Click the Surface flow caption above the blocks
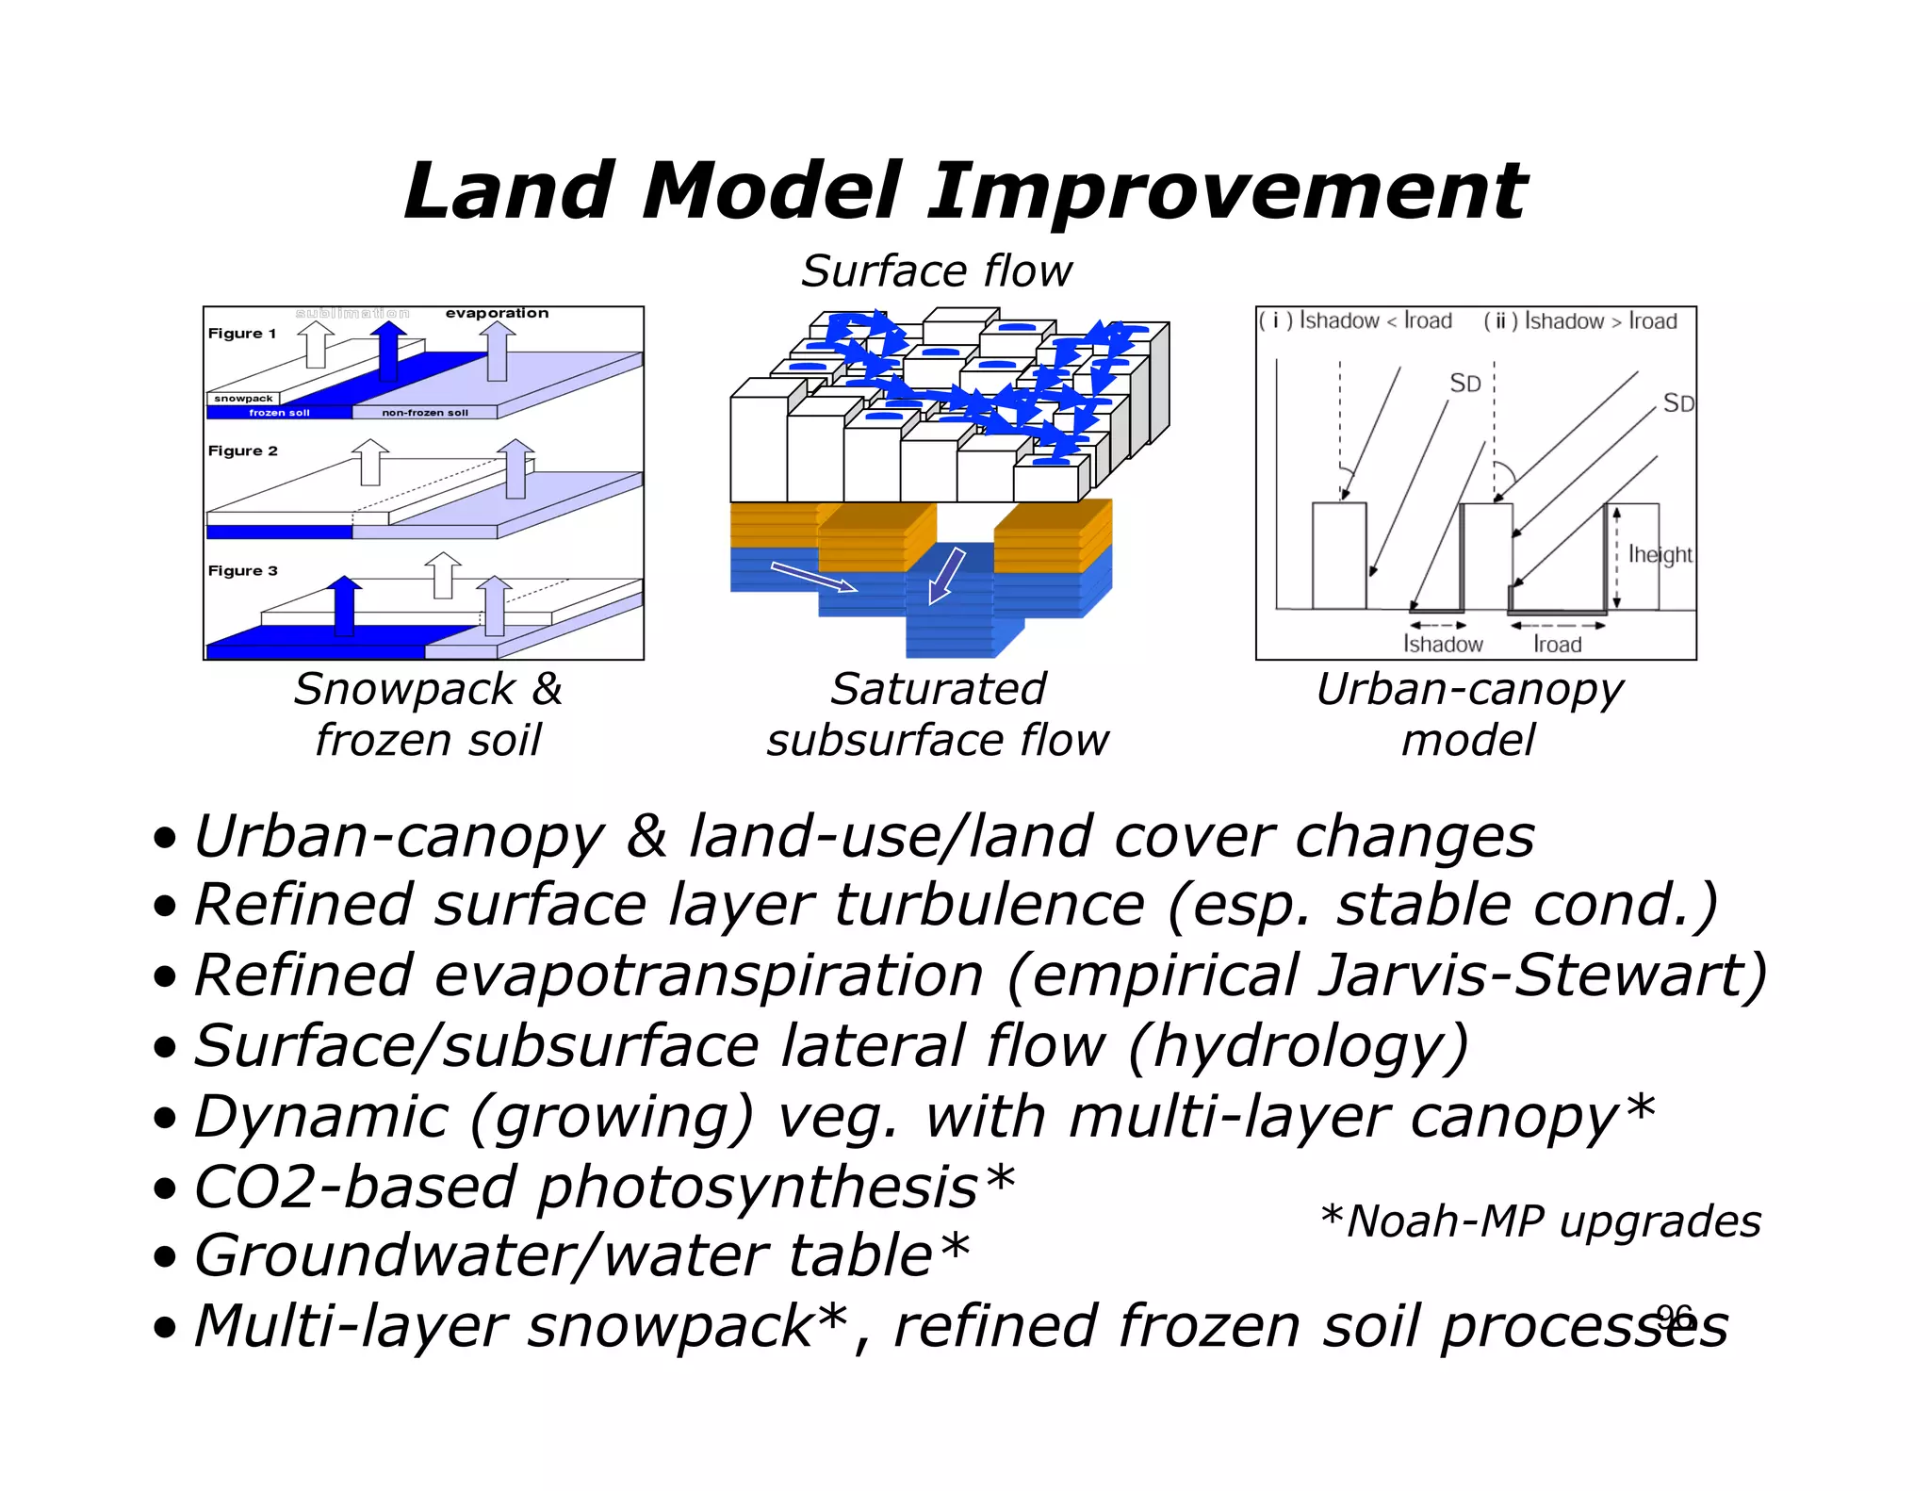pos(937,272)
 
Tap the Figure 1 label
pos(242,334)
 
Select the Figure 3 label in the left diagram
pos(242,571)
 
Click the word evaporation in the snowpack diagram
pos(497,313)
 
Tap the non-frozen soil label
pos(424,413)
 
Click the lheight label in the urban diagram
pos(1660,555)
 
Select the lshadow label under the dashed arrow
pos(1443,645)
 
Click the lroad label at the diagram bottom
pos(1557,645)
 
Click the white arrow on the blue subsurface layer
pos(812,577)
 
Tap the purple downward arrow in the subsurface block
pos(947,574)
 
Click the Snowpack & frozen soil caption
pos(428,714)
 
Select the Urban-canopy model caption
pos(1469,714)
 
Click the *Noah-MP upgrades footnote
pos(1541,1222)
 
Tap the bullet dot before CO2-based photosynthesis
pos(166,1189)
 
